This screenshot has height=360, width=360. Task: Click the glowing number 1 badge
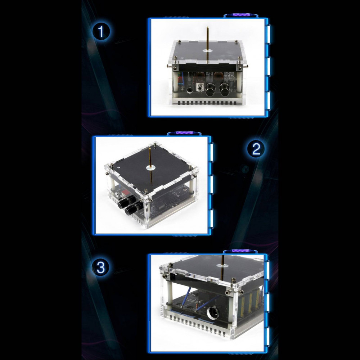101,31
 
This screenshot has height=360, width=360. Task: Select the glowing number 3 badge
100,267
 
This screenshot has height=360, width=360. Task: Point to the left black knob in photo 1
210,90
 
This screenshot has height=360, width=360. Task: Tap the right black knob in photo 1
225,90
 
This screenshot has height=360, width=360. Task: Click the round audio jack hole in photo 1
190,90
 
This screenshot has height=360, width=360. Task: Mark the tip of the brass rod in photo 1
207,27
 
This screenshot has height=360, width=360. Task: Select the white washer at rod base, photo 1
207,51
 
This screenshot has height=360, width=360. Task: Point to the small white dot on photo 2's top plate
118,167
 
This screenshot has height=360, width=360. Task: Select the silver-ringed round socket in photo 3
213,313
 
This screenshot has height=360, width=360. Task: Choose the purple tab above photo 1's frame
241,15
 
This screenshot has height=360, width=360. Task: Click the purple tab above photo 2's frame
184,133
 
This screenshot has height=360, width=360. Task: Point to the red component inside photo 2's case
125,192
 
